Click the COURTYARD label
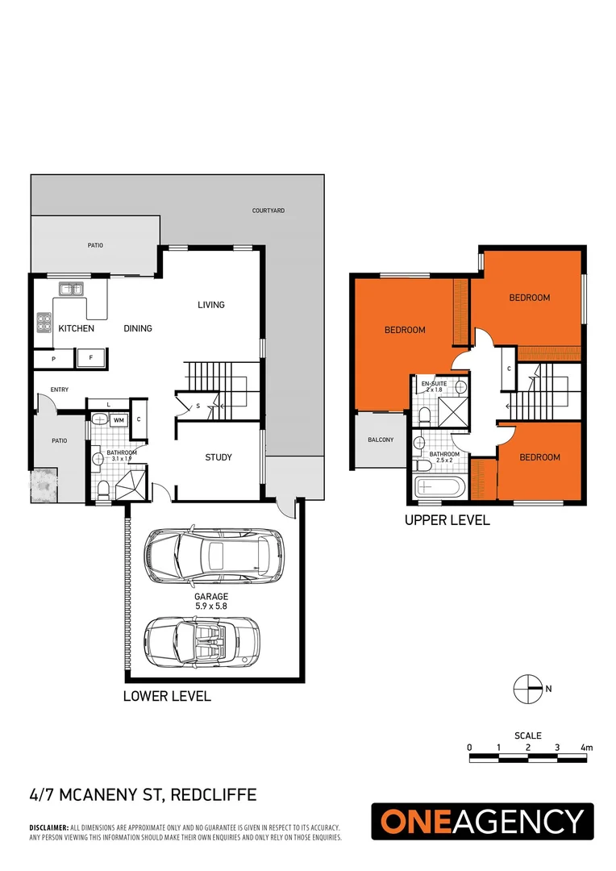pos(268,210)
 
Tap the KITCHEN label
pos(76,328)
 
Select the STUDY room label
pos(218,457)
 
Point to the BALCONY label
pos(381,440)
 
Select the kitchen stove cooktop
pos(43,323)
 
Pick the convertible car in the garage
pos(202,640)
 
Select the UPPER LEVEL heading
pos(447,521)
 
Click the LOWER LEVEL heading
pos(166,696)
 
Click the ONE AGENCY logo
pos(481,822)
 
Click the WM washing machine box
pos(118,420)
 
